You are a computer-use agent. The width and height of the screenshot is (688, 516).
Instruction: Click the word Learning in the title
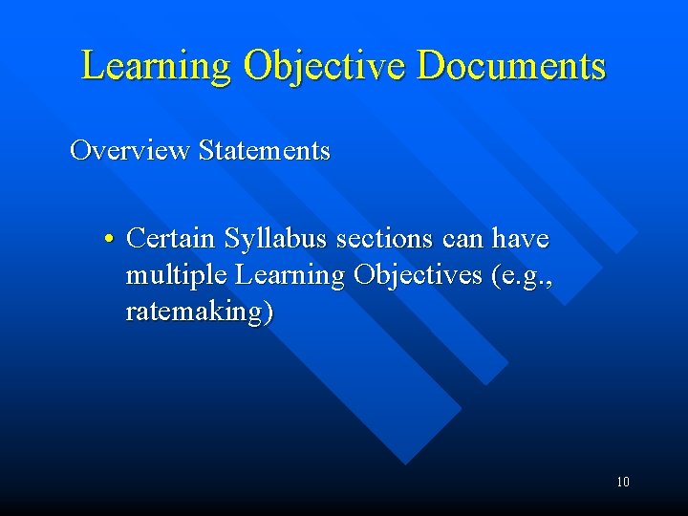(156, 66)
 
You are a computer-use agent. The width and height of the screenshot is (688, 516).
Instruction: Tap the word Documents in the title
(512, 66)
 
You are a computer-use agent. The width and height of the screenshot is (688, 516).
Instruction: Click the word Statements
(264, 151)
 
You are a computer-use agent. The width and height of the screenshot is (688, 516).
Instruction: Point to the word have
(521, 237)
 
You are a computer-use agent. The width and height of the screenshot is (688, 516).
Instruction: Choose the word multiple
(177, 276)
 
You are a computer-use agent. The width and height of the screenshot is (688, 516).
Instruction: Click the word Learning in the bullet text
(290, 276)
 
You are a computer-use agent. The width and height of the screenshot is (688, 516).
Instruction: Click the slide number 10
(622, 482)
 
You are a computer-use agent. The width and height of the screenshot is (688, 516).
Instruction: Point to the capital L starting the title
(94, 66)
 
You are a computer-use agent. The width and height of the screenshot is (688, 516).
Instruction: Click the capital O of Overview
(81, 151)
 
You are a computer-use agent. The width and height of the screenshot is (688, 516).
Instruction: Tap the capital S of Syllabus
(232, 237)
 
